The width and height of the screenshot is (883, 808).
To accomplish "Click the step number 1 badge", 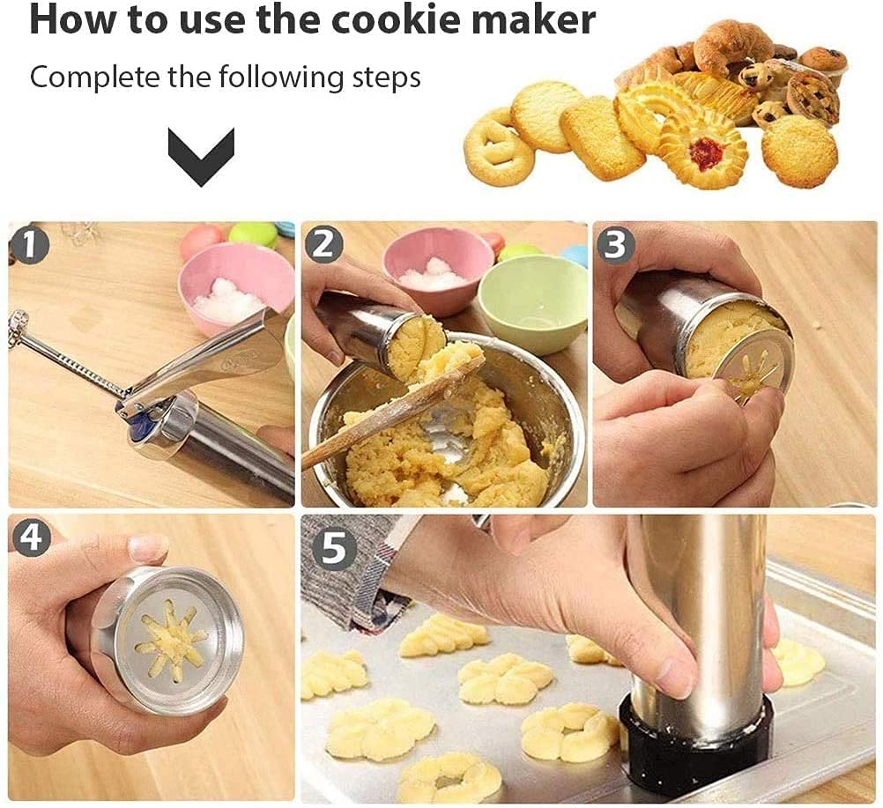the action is click(x=29, y=245).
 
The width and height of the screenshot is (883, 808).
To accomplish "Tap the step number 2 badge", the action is click(x=323, y=244).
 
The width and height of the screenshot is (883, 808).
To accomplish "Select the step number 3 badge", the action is click(x=615, y=244).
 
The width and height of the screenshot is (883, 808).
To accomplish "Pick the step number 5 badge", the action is click(x=334, y=547).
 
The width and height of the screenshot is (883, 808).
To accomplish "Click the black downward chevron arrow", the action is click(x=201, y=156).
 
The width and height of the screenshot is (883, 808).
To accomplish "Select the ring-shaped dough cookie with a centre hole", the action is click(x=449, y=778).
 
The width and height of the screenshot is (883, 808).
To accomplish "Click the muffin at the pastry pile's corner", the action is click(x=824, y=63).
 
